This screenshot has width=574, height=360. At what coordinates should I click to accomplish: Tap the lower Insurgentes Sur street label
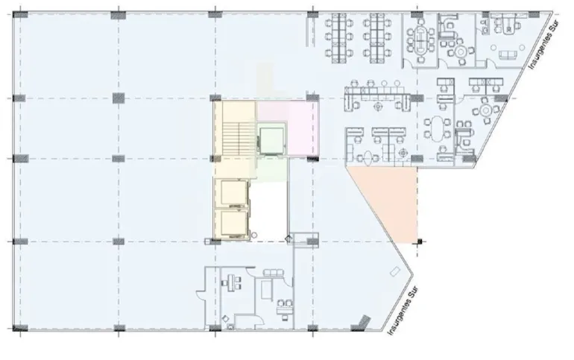[x=403, y=310]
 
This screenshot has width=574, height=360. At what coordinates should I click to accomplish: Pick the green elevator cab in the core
[x=271, y=141]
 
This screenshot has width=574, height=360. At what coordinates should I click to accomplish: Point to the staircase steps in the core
[x=239, y=139]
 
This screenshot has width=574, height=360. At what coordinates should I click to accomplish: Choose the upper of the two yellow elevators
[x=233, y=193]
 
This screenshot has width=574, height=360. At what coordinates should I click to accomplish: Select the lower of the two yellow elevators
[x=233, y=224]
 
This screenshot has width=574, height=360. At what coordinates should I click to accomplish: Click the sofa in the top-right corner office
[x=508, y=55]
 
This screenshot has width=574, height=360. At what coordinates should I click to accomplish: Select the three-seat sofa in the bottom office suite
[x=273, y=273]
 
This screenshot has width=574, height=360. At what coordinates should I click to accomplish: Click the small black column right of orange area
[x=420, y=241]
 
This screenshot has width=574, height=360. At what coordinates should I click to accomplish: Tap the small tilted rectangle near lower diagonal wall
[x=394, y=273]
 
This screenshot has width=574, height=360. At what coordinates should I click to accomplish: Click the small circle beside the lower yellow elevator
[x=254, y=236]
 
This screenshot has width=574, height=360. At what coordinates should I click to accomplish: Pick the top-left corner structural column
[x=20, y=15]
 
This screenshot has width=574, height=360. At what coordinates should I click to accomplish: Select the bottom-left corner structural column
[x=20, y=328]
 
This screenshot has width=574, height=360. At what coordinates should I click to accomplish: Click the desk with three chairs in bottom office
[x=231, y=282]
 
